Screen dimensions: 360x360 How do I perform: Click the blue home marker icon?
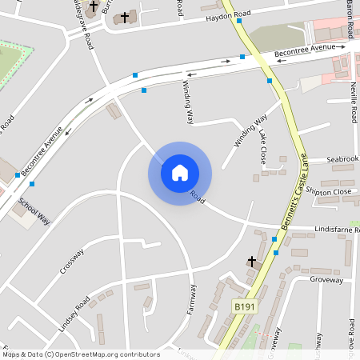180,172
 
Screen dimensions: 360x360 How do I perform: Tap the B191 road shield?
244,306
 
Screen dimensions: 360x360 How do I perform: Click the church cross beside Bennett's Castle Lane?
252,262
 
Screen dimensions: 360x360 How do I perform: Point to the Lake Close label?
262,149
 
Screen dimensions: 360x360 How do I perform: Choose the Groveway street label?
326,281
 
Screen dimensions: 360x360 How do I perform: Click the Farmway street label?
192,301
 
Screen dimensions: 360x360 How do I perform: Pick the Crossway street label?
72,261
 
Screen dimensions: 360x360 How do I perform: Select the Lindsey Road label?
74,314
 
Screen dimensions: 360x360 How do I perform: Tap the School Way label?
34,210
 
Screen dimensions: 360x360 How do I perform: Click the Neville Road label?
353,102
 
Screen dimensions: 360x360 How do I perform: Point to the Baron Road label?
350,20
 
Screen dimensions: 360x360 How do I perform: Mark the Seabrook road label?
343,159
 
